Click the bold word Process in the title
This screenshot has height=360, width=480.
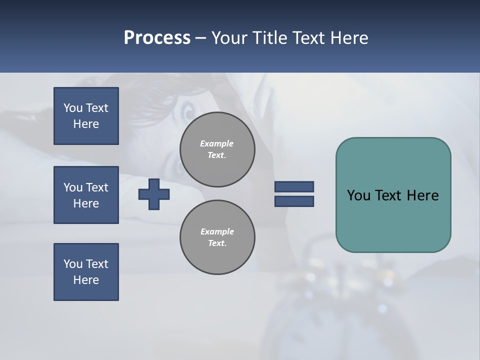[157, 38]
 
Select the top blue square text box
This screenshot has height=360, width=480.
[86, 116]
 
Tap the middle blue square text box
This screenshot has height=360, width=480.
[86, 195]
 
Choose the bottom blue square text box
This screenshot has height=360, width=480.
[86, 272]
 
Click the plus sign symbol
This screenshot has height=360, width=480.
[154, 194]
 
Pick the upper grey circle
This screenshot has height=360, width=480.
[217, 149]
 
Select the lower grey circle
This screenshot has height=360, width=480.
[217, 237]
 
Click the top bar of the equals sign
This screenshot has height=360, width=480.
[294, 187]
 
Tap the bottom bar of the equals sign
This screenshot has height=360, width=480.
[294, 201]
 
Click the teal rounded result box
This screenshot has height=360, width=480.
[393, 220]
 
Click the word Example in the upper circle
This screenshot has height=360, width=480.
[216, 143]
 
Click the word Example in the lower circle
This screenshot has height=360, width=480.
[217, 231]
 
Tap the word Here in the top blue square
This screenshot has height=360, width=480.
[86, 124]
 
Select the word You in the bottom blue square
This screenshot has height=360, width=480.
[73, 264]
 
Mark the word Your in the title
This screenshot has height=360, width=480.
[228, 38]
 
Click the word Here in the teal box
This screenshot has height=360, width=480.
[422, 195]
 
